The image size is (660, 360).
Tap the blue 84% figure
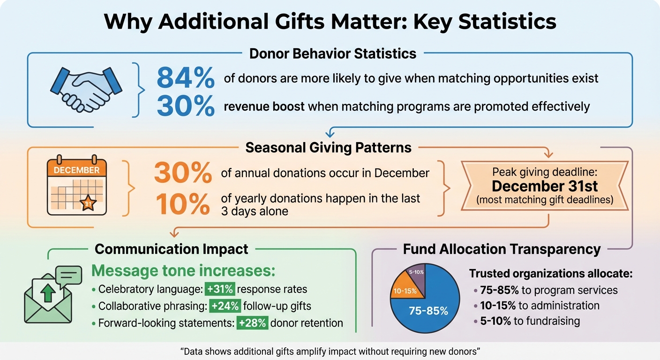click(x=185, y=78)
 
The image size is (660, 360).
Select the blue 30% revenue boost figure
click(x=185, y=106)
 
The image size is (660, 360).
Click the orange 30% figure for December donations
click(x=183, y=174)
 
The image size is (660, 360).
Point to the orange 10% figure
click(x=183, y=204)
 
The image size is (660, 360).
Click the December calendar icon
click(x=77, y=186)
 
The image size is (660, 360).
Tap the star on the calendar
click(x=88, y=203)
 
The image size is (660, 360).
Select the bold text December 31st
click(x=545, y=186)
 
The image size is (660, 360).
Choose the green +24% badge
click(x=225, y=306)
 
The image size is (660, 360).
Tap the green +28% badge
click(x=252, y=323)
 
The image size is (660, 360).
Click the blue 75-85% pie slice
click(x=427, y=309)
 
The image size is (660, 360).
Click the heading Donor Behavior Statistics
click(x=332, y=53)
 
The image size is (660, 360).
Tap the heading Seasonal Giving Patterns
click(x=328, y=148)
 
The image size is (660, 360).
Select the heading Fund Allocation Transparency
click(x=502, y=249)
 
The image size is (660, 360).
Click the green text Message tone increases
click(x=182, y=271)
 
